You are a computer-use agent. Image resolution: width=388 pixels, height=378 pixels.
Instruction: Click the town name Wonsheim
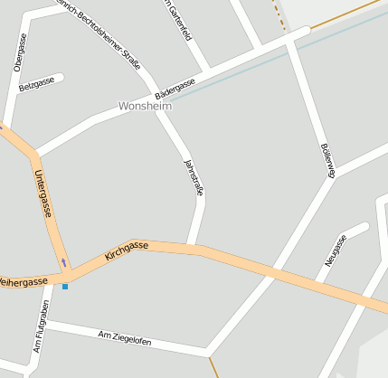coord(145,106)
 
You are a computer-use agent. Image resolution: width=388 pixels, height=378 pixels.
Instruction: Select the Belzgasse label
coord(36,86)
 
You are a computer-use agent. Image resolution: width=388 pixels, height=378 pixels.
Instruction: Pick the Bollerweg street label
coord(326,161)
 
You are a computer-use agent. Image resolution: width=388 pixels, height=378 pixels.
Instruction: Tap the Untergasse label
coord(43,194)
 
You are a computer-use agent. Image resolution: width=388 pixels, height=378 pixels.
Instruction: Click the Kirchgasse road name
coord(127,250)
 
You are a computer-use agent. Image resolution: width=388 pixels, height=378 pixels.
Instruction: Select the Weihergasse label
coord(24,283)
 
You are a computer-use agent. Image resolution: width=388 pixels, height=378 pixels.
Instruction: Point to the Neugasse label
coord(336,250)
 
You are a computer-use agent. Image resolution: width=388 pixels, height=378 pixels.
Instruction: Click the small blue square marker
coord(65,287)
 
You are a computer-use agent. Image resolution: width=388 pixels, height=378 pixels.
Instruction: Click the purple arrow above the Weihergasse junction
coord(63,263)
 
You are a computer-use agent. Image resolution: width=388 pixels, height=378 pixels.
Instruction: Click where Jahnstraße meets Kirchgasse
coord(191,246)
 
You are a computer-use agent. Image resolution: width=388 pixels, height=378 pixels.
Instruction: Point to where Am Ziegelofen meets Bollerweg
coord(208,351)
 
